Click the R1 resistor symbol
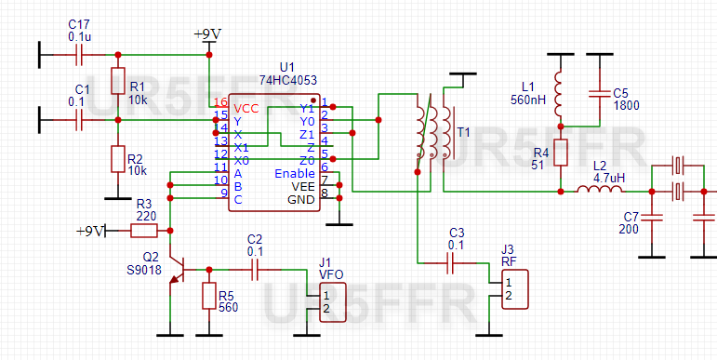point(117,81)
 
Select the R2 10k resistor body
point(117,158)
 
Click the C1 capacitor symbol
point(81,120)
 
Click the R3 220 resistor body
point(146,230)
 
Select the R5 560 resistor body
point(208,295)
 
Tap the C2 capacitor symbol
point(254,270)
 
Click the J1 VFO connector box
point(333,302)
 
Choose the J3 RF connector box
point(513,290)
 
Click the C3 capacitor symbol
point(455,263)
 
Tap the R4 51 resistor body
point(560,152)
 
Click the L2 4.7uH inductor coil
point(600,192)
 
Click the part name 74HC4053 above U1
point(286,81)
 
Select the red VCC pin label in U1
point(246,107)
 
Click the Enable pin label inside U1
point(295,174)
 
